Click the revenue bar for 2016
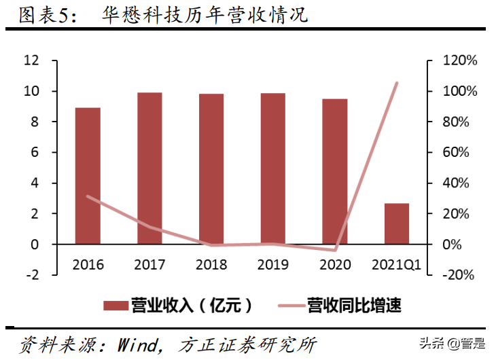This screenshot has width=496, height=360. tap(88, 176)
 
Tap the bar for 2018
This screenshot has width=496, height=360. tap(211, 169)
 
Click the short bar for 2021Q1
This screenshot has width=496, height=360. tap(397, 223)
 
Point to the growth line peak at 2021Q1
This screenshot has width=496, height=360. tap(397, 83)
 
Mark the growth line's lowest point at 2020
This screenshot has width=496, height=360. tap(335, 250)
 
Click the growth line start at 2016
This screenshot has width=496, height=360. tap(88, 196)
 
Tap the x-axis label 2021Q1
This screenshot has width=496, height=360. tap(397, 265)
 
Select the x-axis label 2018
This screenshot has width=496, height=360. tap(211, 265)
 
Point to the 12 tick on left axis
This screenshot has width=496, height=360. tap(31, 61)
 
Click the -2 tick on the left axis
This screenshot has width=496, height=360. tap(31, 275)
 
